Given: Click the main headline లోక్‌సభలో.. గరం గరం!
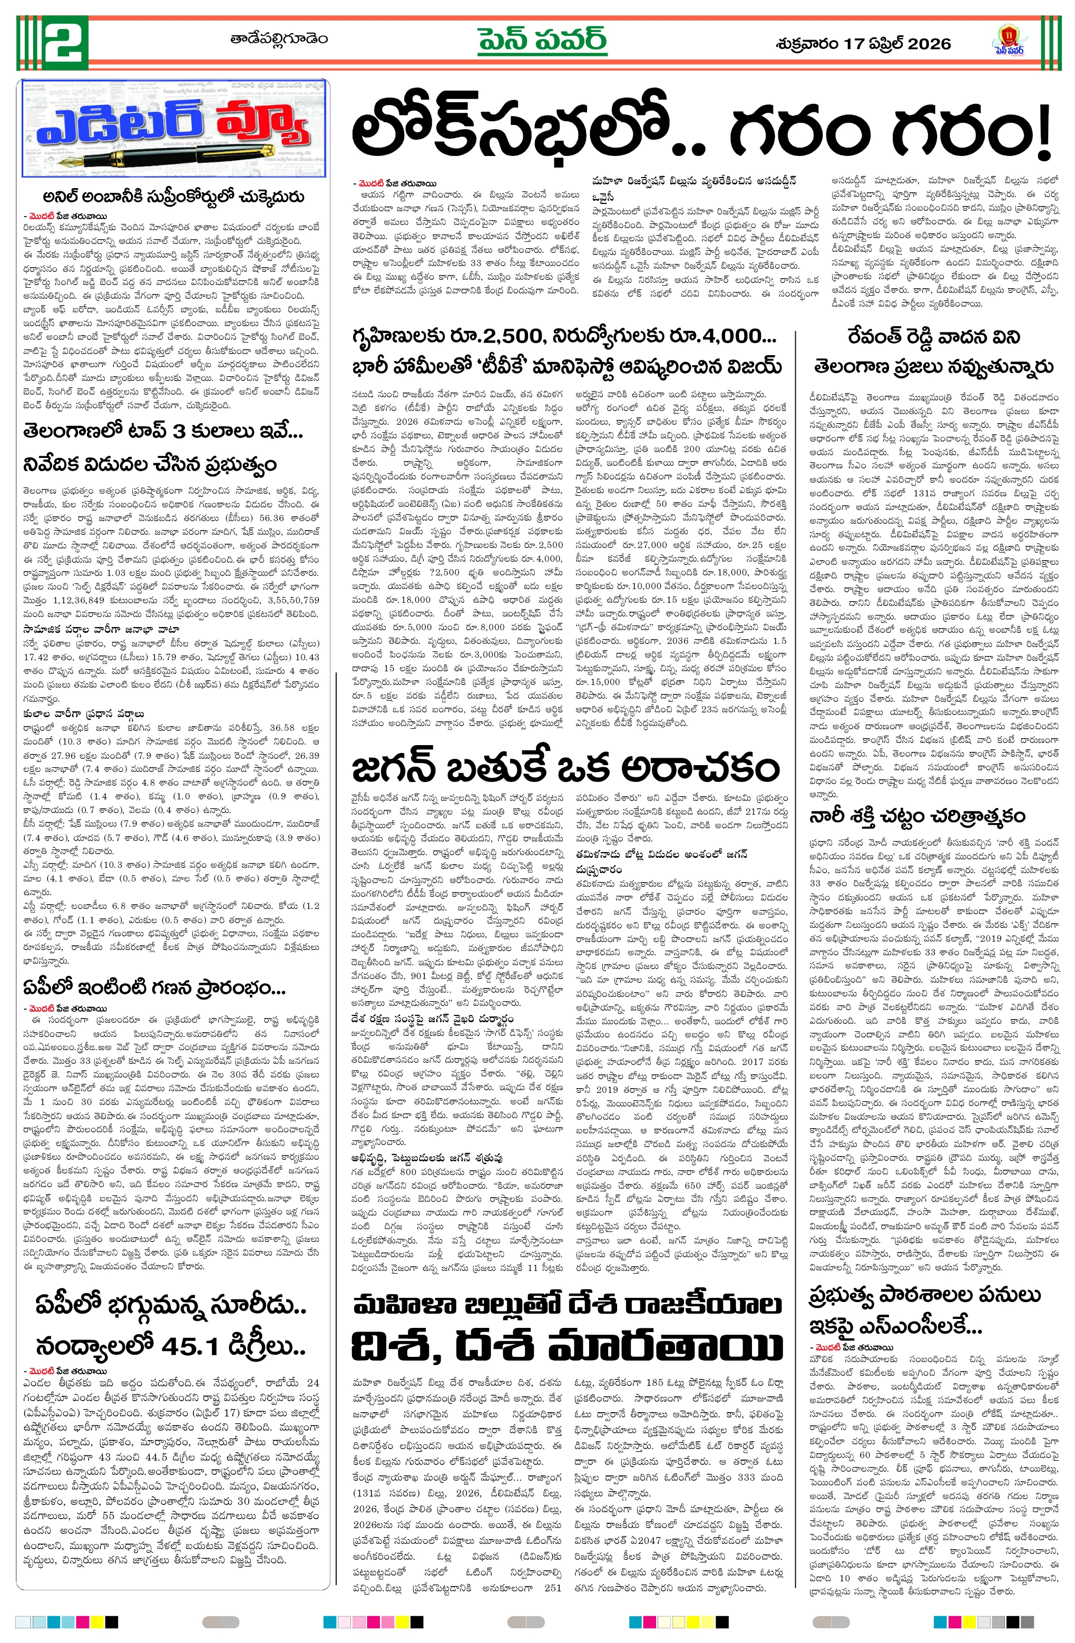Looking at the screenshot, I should click(x=700, y=131).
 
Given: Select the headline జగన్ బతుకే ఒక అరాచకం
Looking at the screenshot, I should click(x=565, y=767).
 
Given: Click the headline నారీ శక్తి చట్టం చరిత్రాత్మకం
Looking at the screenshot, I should click(x=917, y=816).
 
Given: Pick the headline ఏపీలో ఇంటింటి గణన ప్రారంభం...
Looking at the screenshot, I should click(x=154, y=988).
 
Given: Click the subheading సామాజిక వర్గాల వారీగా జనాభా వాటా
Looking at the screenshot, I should click(x=101, y=629).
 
